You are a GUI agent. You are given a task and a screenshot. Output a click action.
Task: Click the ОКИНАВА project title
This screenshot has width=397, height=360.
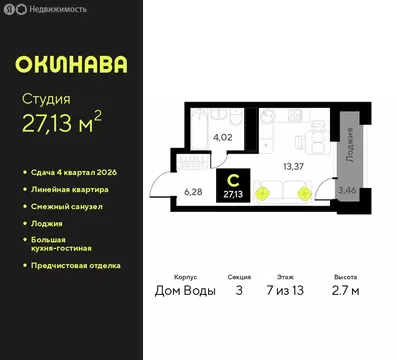[x=71, y=66]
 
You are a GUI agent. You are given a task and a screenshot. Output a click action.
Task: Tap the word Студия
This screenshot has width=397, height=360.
[x=46, y=98]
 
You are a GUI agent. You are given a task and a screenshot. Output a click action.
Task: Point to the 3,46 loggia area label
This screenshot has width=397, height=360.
[x=346, y=188]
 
